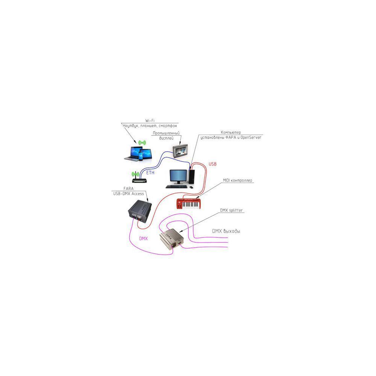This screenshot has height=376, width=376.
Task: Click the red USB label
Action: [x=212, y=164]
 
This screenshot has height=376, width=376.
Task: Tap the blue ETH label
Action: [x=150, y=173]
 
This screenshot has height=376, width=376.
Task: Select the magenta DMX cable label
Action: [x=143, y=238]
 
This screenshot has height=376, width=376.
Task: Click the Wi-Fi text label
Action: [x=150, y=120]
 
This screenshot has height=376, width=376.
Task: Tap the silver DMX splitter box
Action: [x=171, y=239]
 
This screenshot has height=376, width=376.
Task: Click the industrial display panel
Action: [x=179, y=150]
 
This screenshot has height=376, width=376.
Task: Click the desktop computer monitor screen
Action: [x=178, y=176]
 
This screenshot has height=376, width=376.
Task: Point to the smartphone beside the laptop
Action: [x=141, y=155]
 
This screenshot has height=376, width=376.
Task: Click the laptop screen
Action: [x=132, y=152]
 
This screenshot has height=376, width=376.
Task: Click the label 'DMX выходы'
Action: [x=226, y=231]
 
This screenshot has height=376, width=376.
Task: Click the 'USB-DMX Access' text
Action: [x=128, y=193]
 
